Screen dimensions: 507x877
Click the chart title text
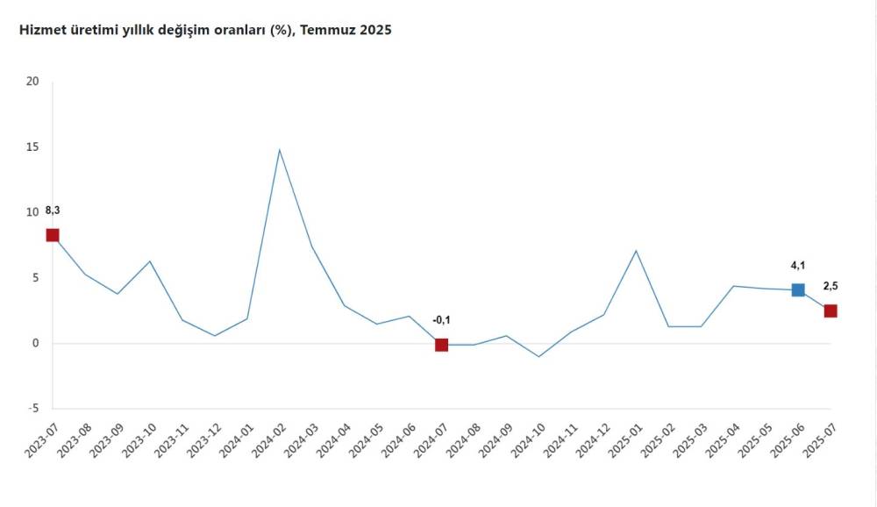200,30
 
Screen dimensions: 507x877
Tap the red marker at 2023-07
53,235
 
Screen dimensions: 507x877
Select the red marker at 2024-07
441,345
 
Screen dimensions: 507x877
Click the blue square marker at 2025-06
798,289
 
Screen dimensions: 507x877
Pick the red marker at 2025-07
831,311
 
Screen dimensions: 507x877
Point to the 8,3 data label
52,211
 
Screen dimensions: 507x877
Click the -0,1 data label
441,319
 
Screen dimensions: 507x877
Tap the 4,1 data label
797,264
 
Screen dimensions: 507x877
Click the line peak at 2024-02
279,150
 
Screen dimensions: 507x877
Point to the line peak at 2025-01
636,251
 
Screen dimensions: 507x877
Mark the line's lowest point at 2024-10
538,356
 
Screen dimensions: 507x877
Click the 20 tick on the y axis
33,82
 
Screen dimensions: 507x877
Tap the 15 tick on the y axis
33,146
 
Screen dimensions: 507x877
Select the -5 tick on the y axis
32,408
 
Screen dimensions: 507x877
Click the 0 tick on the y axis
36,343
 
